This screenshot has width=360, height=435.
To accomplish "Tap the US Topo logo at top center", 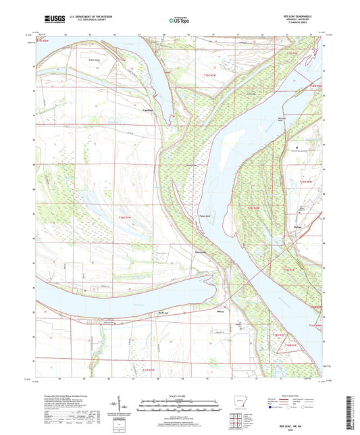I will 180,20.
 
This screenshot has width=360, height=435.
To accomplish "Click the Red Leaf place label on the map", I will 163,313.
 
